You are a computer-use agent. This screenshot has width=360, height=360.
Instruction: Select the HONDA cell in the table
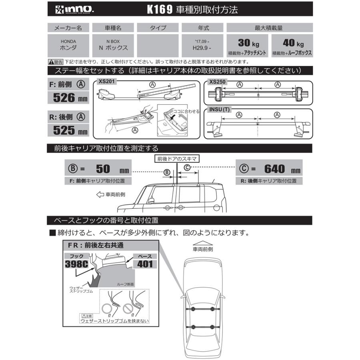tap(69, 44)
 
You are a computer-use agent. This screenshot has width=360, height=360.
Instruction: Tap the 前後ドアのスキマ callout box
tap(175, 158)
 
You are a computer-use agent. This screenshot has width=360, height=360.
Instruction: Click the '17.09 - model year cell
tap(202, 42)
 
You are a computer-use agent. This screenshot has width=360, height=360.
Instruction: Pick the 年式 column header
tap(202, 28)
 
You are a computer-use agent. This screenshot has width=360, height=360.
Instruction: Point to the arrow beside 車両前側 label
tap(100, 194)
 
